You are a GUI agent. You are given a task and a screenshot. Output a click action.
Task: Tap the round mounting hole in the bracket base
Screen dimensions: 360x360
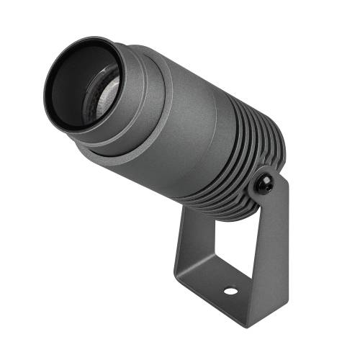click(x=231, y=292)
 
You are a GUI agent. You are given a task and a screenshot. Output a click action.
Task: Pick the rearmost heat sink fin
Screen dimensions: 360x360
click(x=277, y=155)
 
